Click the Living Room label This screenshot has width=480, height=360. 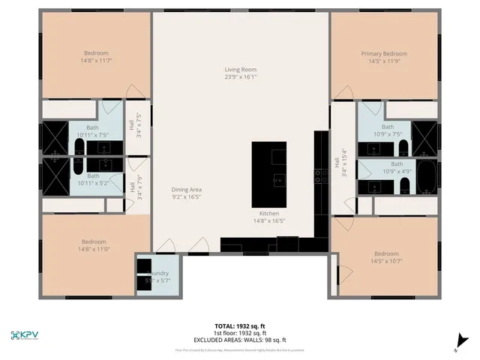pyautogui.click(x=240, y=69)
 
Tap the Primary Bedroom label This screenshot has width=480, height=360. pyautogui.click(x=384, y=54)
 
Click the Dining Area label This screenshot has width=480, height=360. pyautogui.click(x=187, y=189)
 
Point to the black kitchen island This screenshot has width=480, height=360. pyautogui.click(x=269, y=166)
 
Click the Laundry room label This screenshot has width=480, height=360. pyautogui.click(x=159, y=274)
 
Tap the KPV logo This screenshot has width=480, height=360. pyautogui.click(x=25, y=334)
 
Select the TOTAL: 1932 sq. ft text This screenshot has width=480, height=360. pyautogui.click(x=240, y=326)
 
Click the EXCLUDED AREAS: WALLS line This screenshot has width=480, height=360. pyautogui.click(x=240, y=338)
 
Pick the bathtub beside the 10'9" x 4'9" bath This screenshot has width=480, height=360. pyautogui.click(x=425, y=175)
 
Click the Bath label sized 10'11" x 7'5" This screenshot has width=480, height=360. pyautogui.click(x=92, y=127)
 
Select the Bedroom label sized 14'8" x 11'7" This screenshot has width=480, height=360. pyautogui.click(x=96, y=53)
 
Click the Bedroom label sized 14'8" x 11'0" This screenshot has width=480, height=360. pyautogui.click(x=94, y=241)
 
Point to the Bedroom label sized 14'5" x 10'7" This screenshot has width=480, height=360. pyautogui.click(x=386, y=253)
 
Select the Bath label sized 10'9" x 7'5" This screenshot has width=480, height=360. pyautogui.click(x=388, y=127)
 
